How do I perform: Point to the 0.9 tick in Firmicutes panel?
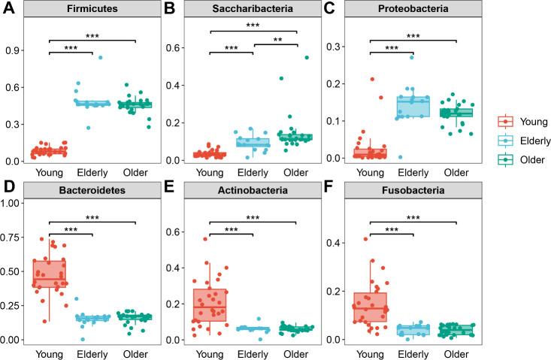(15, 51)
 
